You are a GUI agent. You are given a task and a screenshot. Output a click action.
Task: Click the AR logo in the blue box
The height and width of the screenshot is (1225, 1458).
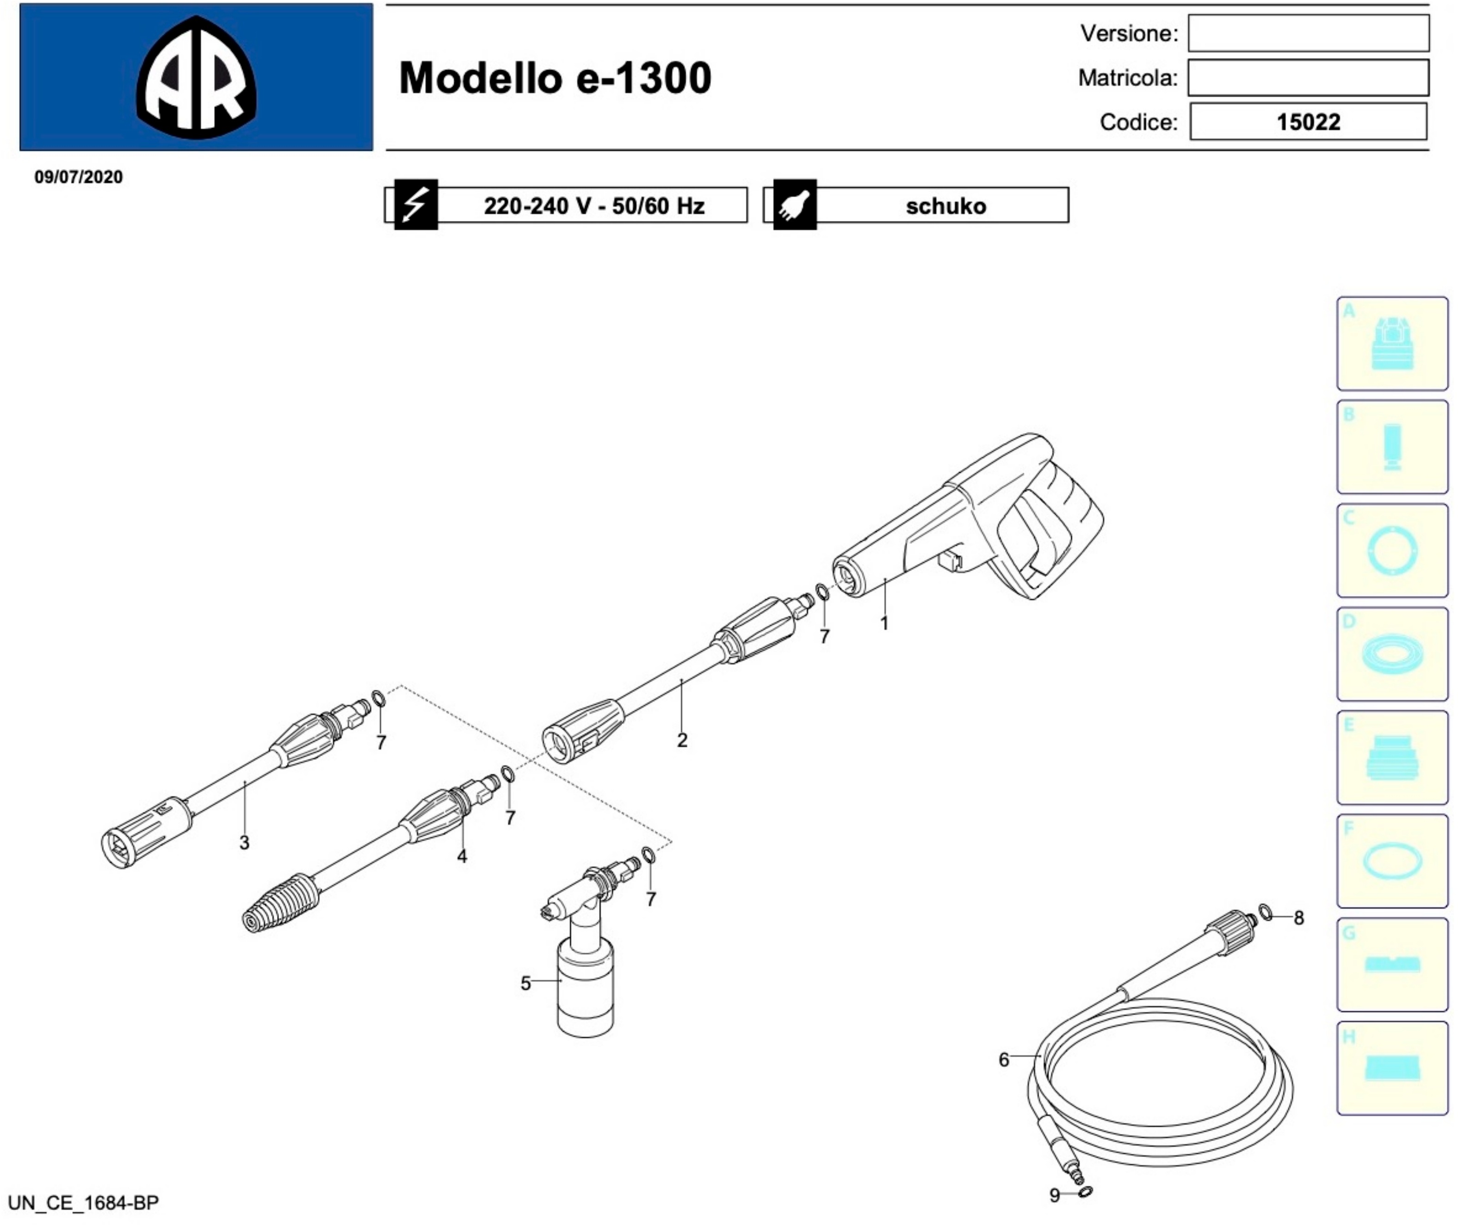[x=197, y=77]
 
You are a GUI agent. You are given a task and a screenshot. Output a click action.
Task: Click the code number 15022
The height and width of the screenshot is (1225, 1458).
[x=1308, y=122]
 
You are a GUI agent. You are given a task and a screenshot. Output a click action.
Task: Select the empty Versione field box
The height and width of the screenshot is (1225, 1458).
[x=1308, y=33]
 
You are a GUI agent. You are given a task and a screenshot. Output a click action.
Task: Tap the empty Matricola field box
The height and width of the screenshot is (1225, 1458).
[x=1308, y=78]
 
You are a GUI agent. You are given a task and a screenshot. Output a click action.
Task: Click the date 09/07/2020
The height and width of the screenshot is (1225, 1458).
[x=79, y=177]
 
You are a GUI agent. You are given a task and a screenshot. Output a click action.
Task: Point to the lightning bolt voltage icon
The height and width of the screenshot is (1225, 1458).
[x=415, y=205]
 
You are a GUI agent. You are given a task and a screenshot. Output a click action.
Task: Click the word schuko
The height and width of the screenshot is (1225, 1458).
[x=945, y=206]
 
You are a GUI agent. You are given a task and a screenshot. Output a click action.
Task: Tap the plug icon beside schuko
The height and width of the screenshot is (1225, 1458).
[x=795, y=205]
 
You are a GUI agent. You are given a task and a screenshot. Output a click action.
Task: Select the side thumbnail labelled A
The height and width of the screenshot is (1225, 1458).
[x=1392, y=344]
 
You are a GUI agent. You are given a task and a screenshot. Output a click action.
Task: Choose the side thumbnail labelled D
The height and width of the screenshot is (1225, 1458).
[x=1392, y=654]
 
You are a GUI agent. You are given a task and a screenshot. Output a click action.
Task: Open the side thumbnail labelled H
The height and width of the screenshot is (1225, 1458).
[x=1392, y=1068]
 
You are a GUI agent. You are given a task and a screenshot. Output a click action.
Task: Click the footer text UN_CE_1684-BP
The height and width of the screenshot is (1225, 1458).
[x=83, y=1202]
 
